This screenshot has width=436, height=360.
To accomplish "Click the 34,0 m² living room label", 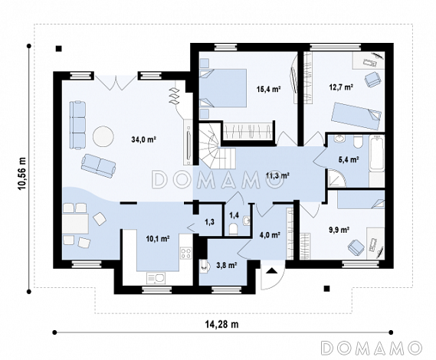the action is (x=143, y=139).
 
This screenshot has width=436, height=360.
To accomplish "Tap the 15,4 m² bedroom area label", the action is (x=268, y=90).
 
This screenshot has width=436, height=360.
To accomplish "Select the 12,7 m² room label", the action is (x=341, y=87).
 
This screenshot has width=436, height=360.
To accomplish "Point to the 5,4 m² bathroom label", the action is (x=349, y=159).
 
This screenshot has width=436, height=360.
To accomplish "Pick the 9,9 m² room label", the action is (x=339, y=230).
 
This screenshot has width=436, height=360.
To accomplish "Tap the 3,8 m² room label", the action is (x=227, y=266).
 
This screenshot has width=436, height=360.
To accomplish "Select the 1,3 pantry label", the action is (x=209, y=222).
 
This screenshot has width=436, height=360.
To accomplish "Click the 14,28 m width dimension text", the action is (x=222, y=324).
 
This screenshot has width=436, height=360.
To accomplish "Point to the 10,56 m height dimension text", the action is (x=21, y=174).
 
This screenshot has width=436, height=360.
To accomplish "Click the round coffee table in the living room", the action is (x=103, y=136).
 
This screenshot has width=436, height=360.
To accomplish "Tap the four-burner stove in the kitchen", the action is (x=186, y=254).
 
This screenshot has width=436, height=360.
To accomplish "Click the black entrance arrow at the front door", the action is (x=271, y=270).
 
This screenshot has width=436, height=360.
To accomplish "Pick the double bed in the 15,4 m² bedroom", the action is (x=223, y=88).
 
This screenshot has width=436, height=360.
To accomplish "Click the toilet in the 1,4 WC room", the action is (x=233, y=230).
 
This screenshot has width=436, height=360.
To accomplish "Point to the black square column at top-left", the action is (x=58, y=49).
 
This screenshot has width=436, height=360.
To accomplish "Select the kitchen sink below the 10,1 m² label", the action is (x=156, y=278).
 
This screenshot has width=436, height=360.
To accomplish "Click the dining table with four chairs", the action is (x=75, y=224).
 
